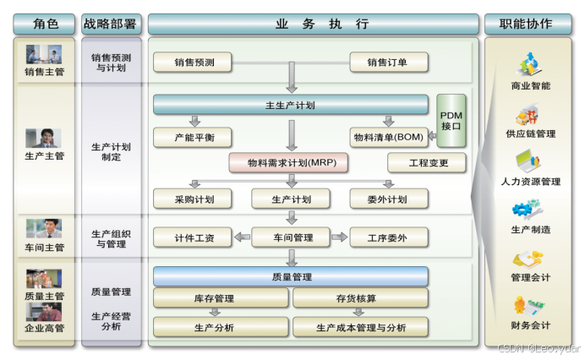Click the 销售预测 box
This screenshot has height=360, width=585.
[194, 62]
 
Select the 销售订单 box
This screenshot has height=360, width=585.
[388, 62]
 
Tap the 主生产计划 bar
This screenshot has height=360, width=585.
[290, 105]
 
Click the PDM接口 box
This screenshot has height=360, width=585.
[451, 119]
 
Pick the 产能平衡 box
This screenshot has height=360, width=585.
[192, 137]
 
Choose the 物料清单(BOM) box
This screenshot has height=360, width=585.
[388, 137]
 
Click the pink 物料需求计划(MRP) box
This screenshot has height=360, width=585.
[289, 162]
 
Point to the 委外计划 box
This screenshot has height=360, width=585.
[388, 199]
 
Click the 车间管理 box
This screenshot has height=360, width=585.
[290, 237]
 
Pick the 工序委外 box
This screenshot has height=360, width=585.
[388, 237]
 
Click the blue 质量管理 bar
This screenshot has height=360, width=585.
[290, 276]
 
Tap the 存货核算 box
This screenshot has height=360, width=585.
[360, 298]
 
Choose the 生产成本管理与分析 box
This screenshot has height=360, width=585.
[360, 327]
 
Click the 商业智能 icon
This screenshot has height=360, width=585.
[528, 64]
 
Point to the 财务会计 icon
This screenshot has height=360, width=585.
[528, 305]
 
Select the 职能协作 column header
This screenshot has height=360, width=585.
[528, 24]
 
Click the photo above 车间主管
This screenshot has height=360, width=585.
[44, 228]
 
